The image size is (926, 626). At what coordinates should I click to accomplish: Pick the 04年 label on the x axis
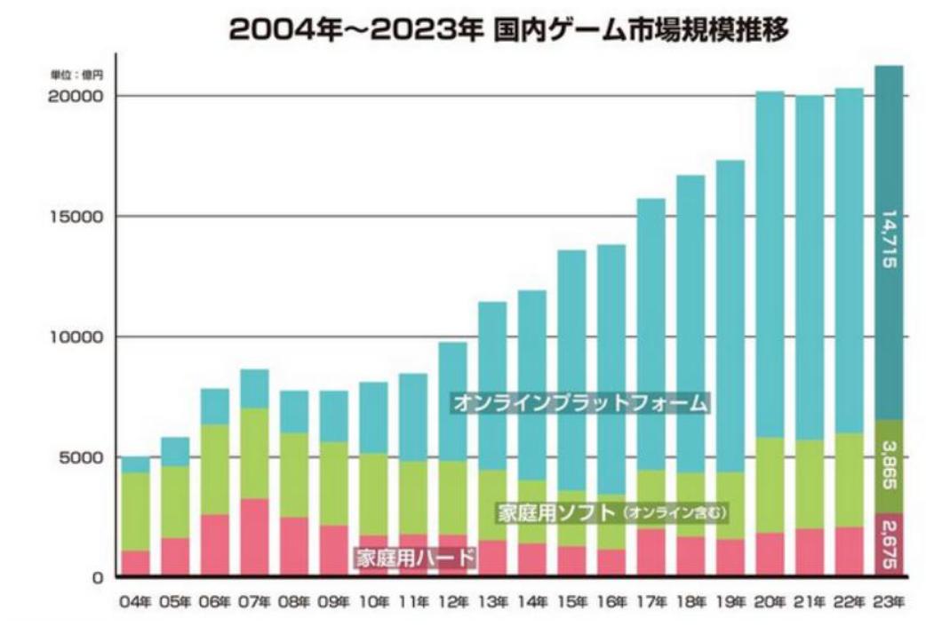(x=135, y=602)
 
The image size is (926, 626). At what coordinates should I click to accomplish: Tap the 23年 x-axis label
(x=889, y=602)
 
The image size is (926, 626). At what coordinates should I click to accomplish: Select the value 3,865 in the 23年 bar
(x=890, y=467)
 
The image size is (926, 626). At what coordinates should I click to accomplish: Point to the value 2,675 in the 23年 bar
(x=890, y=543)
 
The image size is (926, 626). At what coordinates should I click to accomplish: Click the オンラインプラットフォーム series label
(x=581, y=403)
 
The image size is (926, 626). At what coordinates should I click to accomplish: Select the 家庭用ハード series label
(x=416, y=558)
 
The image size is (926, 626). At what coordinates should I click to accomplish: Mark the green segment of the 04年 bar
(x=135, y=511)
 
